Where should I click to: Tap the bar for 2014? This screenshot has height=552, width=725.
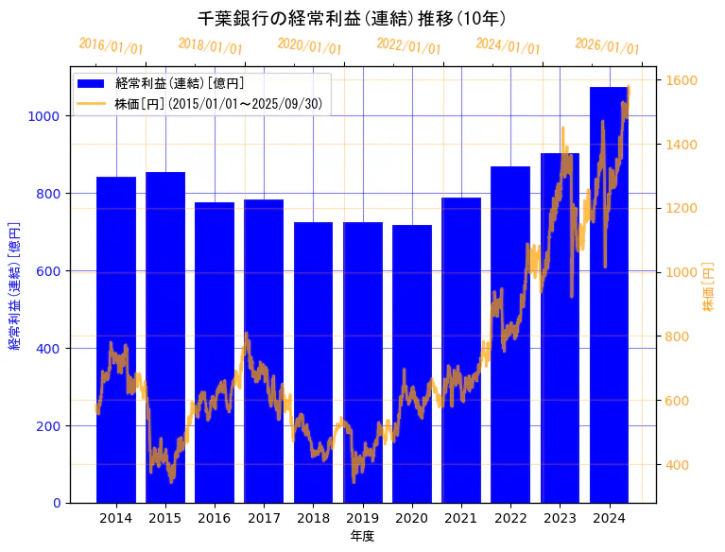(116, 340)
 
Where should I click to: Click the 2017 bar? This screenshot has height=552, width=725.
(264, 351)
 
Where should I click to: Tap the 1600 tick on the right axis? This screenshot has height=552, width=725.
(682, 80)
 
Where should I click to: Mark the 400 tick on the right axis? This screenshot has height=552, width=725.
(679, 464)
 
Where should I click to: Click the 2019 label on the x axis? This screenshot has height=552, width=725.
(363, 518)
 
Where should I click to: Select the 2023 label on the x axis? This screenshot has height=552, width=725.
(561, 518)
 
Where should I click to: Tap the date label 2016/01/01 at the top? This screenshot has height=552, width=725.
(112, 45)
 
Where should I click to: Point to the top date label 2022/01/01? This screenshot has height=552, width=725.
(408, 45)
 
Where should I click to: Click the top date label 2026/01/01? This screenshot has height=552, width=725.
(607, 46)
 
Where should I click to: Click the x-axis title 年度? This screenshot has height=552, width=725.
(362, 536)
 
